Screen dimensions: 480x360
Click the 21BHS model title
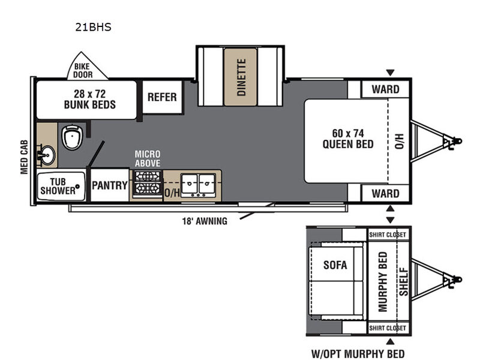pos(93,27)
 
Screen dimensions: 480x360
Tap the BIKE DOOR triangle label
pos(83,70)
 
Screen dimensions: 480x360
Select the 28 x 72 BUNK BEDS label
pos(89,99)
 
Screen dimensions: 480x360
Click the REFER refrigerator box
pos(162,97)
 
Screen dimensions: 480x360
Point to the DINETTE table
pos(241,77)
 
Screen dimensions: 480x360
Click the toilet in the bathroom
pos(73,137)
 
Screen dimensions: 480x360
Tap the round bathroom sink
pos(47,155)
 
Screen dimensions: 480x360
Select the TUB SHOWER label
pos(58,186)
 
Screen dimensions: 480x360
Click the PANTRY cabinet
pos(110,185)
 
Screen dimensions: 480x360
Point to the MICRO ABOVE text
pos(148,158)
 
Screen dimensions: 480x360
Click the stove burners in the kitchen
pos(148,183)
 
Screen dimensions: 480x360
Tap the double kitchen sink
pos(199,185)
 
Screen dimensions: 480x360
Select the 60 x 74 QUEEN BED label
pos(348,139)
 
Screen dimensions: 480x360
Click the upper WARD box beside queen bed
pos(385,89)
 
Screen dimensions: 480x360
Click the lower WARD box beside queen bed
pos(385,193)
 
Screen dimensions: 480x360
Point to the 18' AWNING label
pos(205,221)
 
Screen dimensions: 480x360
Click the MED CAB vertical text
pos(24,157)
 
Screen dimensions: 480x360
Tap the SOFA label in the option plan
pos(335,265)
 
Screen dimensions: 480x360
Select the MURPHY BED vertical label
pos(383,281)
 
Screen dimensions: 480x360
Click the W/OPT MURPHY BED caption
pos(358,353)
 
